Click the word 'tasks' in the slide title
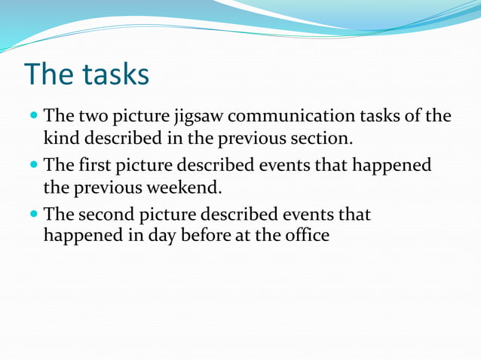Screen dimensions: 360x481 click(x=116, y=75)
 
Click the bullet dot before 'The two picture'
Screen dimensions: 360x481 click(x=34, y=118)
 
